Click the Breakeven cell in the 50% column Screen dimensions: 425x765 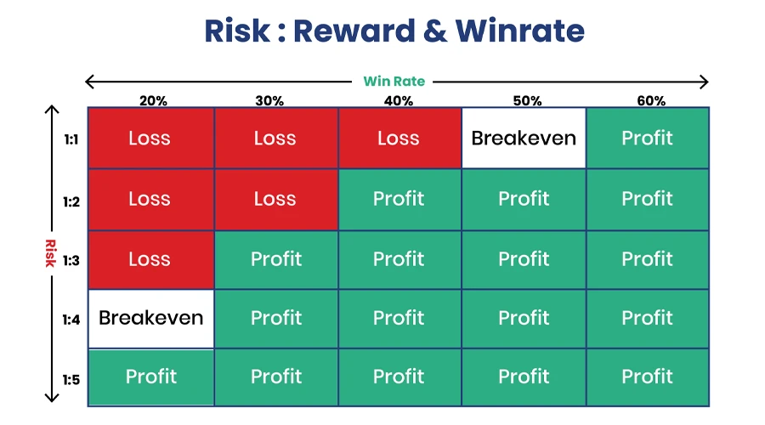(524, 138)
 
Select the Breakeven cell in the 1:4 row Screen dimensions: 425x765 (151, 318)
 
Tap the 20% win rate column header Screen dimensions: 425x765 (153, 100)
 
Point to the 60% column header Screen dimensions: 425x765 (651, 100)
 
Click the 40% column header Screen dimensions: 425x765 (399, 100)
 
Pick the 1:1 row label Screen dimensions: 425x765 (71, 139)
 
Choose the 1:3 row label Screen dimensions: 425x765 (71, 260)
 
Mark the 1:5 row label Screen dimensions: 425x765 (71, 379)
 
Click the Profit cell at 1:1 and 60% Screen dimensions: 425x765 (648, 138)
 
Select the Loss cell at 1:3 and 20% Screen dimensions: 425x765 (150, 259)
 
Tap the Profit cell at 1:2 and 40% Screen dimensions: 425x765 (399, 199)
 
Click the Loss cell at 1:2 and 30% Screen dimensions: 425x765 (275, 199)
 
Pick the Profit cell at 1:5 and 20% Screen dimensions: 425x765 (151, 377)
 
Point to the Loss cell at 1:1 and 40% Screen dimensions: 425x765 (399, 138)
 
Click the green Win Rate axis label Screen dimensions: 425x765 (394, 82)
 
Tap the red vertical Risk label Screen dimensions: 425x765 (49, 253)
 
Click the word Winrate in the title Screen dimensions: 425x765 (519, 31)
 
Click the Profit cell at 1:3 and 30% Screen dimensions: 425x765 (275, 259)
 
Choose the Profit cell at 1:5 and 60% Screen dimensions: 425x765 (648, 377)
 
